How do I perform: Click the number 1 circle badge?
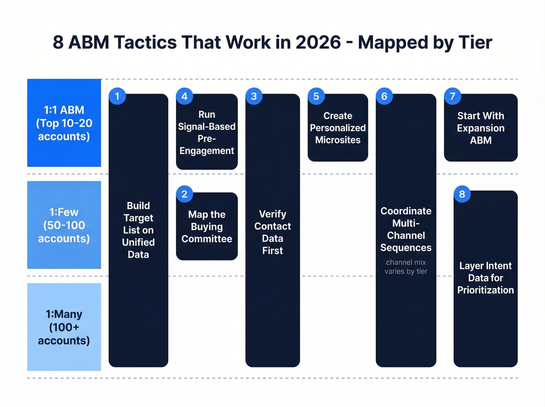tap(117, 96)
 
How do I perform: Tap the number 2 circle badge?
tap(185, 194)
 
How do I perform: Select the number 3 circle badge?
tap(254, 96)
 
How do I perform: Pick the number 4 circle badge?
tap(185, 96)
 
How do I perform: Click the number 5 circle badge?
tap(316, 96)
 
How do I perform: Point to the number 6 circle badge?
tap(384, 96)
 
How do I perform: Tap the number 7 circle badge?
tap(452, 96)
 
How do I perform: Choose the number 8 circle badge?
tap(462, 194)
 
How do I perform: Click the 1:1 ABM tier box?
tap(64, 123)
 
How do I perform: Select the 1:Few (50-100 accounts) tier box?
tap(64, 225)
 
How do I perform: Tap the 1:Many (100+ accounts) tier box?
tap(64, 327)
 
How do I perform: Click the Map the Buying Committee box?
tap(207, 227)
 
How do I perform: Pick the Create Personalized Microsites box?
tap(338, 128)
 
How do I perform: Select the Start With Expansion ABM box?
tap(481, 128)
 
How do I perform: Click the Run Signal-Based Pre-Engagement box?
tap(207, 132)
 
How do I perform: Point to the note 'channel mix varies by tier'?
tap(406, 267)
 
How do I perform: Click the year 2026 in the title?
tap(318, 42)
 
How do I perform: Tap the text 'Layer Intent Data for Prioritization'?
tap(485, 278)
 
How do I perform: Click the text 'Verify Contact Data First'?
tap(272, 232)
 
